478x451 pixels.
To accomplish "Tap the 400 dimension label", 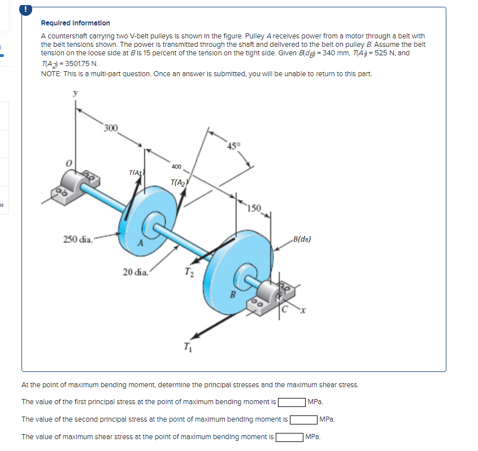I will (x=176, y=167).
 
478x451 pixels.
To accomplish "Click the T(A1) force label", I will (x=136, y=173).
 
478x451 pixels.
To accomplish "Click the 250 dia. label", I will (x=78, y=240).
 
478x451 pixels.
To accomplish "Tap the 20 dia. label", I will (x=136, y=273).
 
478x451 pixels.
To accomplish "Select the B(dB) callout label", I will (x=299, y=239).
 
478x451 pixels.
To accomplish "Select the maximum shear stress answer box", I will (x=289, y=437).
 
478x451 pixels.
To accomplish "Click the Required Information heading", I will (x=76, y=23).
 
